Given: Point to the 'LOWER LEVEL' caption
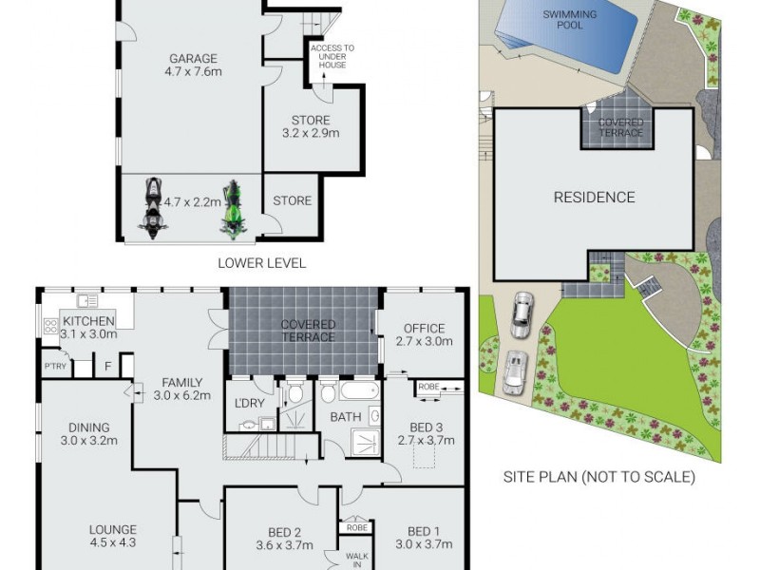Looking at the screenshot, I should (262, 263).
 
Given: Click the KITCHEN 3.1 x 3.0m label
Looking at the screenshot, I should (89, 328).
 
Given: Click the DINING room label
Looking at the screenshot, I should (88, 433).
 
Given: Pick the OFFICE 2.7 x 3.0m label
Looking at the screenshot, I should (424, 334).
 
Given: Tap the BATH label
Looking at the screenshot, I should (345, 417).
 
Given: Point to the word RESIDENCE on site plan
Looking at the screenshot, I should (594, 198).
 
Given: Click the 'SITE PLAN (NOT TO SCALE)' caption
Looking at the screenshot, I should (598, 477).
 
